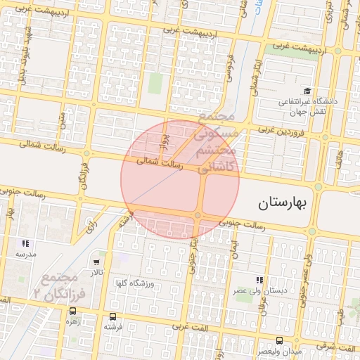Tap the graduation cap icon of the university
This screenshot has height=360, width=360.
pyautogui.click(x=307, y=91)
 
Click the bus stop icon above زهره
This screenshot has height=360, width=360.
pyautogui.click(x=72, y=311)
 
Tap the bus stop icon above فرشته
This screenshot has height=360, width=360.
pyautogui.click(x=114, y=316)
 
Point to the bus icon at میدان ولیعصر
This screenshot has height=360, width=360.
pyautogui.click(x=262, y=341)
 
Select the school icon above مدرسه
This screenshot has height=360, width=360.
pyautogui.click(x=25, y=243)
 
